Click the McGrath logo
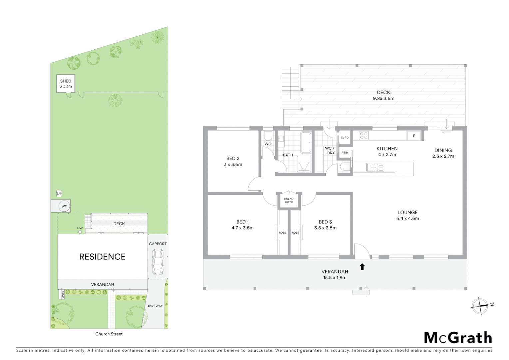(x=458, y=338)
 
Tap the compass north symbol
(x=480, y=305)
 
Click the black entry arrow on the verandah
(x=362, y=266)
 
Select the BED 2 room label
(x=233, y=158)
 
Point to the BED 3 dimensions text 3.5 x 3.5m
(x=325, y=228)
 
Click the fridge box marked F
(x=414, y=136)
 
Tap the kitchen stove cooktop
(x=364, y=135)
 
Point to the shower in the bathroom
(x=304, y=165)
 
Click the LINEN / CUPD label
(x=289, y=200)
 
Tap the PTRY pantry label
(x=345, y=153)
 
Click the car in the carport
(x=158, y=262)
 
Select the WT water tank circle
(x=64, y=206)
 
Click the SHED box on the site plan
(x=66, y=83)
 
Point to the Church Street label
(x=109, y=334)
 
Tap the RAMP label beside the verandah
(x=62, y=294)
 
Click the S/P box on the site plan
(x=59, y=194)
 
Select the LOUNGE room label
(x=407, y=212)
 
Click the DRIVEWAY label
(x=155, y=306)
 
